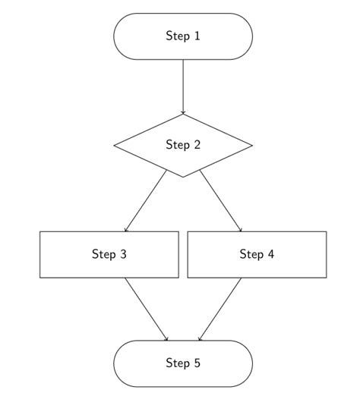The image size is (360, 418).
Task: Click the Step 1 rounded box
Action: [183, 36]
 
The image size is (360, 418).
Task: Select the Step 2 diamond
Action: [183, 146]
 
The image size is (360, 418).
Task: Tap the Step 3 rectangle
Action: [109, 255]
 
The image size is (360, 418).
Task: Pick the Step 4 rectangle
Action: [257, 255]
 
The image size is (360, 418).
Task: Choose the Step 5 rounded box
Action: [183, 363]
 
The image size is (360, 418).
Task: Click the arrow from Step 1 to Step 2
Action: [183, 87]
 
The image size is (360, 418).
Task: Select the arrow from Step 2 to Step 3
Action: [146, 201]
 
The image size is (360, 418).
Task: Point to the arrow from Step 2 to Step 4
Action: [221, 201]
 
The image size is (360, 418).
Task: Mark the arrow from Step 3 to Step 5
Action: [147, 310]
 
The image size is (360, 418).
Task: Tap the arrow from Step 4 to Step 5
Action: [220, 310]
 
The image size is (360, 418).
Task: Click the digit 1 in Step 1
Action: [197, 36]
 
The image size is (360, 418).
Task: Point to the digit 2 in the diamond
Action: [197, 144]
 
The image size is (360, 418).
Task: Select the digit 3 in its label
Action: [123, 254]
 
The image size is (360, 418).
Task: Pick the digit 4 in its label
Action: [271, 254]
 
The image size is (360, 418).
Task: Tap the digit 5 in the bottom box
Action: [197, 363]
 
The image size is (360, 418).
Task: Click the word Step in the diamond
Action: [178, 145]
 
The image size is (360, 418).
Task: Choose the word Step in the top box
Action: [178, 36]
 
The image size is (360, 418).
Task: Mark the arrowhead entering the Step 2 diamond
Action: [183, 112]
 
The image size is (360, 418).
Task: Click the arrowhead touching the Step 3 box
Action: [126, 230]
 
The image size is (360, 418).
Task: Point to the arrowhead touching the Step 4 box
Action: [240, 230]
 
